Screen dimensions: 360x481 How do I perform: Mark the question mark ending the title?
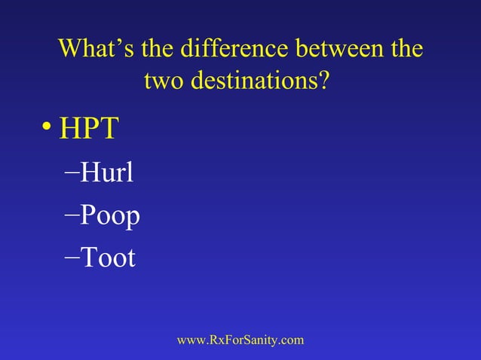coord(323,80)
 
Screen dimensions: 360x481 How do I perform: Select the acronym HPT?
coord(89,129)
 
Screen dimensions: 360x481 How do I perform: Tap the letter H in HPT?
coord(71,129)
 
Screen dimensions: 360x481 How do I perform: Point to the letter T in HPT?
coord(108,129)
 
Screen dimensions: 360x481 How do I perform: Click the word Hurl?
coord(106,173)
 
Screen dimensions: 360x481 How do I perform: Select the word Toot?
coord(108,258)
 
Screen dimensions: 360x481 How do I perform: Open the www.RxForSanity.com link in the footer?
coord(240,340)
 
